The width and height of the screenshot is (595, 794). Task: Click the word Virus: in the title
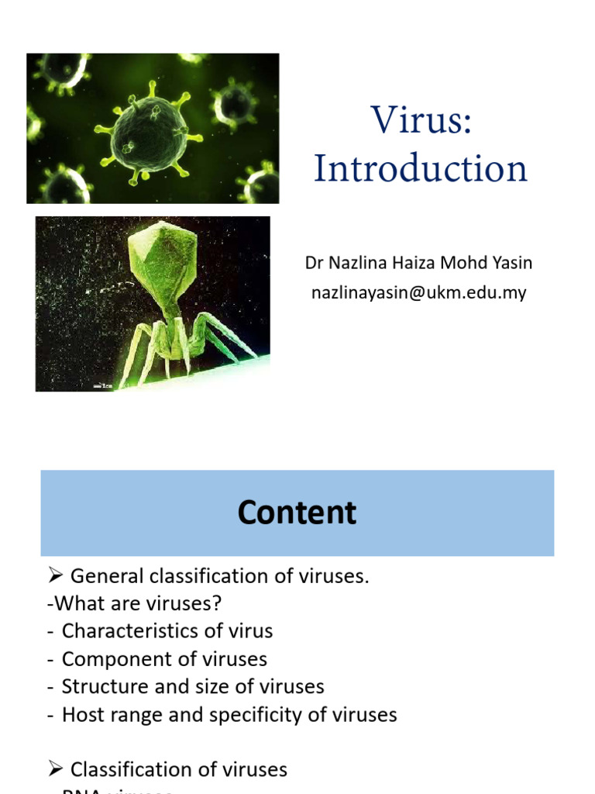(421, 120)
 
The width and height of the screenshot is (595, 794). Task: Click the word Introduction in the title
(421, 168)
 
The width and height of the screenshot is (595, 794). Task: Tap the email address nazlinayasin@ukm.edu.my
(418, 293)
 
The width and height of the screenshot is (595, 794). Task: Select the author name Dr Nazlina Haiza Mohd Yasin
(418, 263)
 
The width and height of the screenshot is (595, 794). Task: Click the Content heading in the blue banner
(297, 513)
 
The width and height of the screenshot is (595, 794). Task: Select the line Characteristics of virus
(167, 630)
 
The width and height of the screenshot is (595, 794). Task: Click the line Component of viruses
(164, 658)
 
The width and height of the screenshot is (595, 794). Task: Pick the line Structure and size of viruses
(193, 686)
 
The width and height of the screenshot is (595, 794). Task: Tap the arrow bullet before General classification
(55, 575)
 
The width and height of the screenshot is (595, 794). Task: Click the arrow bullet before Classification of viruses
(55, 769)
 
